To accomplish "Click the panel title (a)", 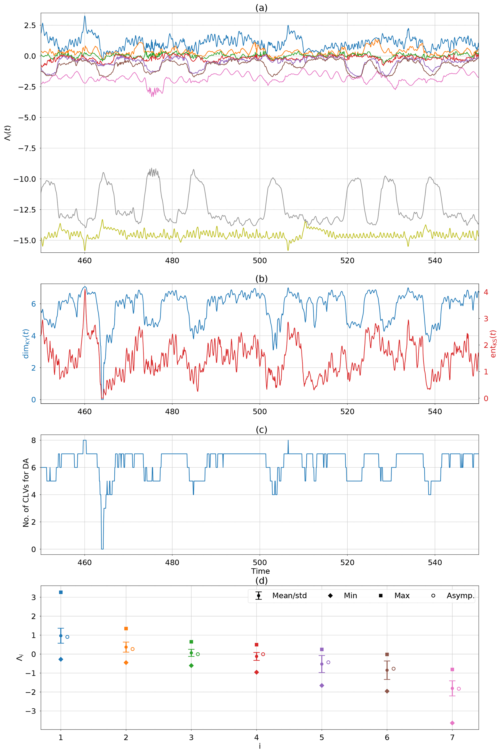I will pyautogui.click(x=261, y=8).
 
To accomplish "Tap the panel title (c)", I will pyautogui.click(x=261, y=430).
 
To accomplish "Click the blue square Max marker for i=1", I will pyautogui.click(x=61, y=592).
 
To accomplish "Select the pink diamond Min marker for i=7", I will pyautogui.click(x=452, y=723).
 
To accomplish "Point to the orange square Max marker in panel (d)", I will pyautogui.click(x=126, y=629).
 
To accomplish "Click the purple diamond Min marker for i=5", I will pyautogui.click(x=322, y=686).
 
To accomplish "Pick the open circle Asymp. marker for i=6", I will pyautogui.click(x=394, y=669).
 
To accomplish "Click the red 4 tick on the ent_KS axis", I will pyautogui.click(x=486, y=292).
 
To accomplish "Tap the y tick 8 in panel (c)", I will pyautogui.click(x=33, y=441).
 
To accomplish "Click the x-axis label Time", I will pyautogui.click(x=260, y=571).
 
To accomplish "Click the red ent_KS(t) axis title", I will pyautogui.click(x=493, y=344).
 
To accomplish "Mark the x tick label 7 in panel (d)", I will pyautogui.click(x=452, y=738).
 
